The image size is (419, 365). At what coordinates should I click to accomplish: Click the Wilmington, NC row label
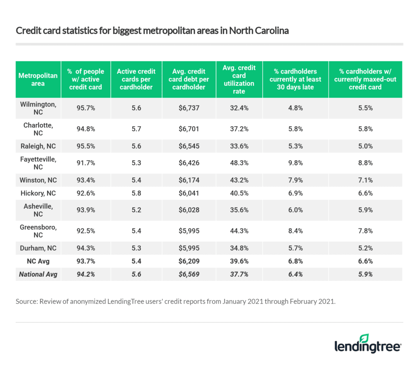pyautogui.click(x=38, y=108)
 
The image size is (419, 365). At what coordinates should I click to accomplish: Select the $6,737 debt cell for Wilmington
pyautogui.click(x=189, y=108)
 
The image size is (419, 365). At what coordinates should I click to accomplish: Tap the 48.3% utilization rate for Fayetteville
pyautogui.click(x=239, y=163)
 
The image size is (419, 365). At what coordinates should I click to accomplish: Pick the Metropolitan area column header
pyautogui.click(x=38, y=79)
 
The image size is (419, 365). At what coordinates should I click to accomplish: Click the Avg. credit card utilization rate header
pyautogui.click(x=239, y=79)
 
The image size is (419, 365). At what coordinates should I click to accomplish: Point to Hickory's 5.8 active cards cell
pyautogui.click(x=136, y=193)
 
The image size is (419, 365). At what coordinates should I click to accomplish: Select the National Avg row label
pyautogui.click(x=38, y=274)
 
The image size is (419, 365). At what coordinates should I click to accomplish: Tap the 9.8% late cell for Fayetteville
pyautogui.click(x=295, y=163)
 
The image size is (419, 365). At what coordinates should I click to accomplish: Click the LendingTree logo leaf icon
pyautogui.click(x=364, y=338)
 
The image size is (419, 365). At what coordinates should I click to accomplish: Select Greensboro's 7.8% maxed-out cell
pyautogui.click(x=365, y=231)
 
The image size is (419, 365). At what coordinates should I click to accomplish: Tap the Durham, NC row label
pyautogui.click(x=38, y=249)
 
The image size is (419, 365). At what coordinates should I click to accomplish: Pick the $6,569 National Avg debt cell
pyautogui.click(x=189, y=274)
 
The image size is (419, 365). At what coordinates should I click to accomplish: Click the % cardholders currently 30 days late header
pyautogui.click(x=295, y=79)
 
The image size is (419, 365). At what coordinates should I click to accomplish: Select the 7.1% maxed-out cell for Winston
pyautogui.click(x=365, y=180)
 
